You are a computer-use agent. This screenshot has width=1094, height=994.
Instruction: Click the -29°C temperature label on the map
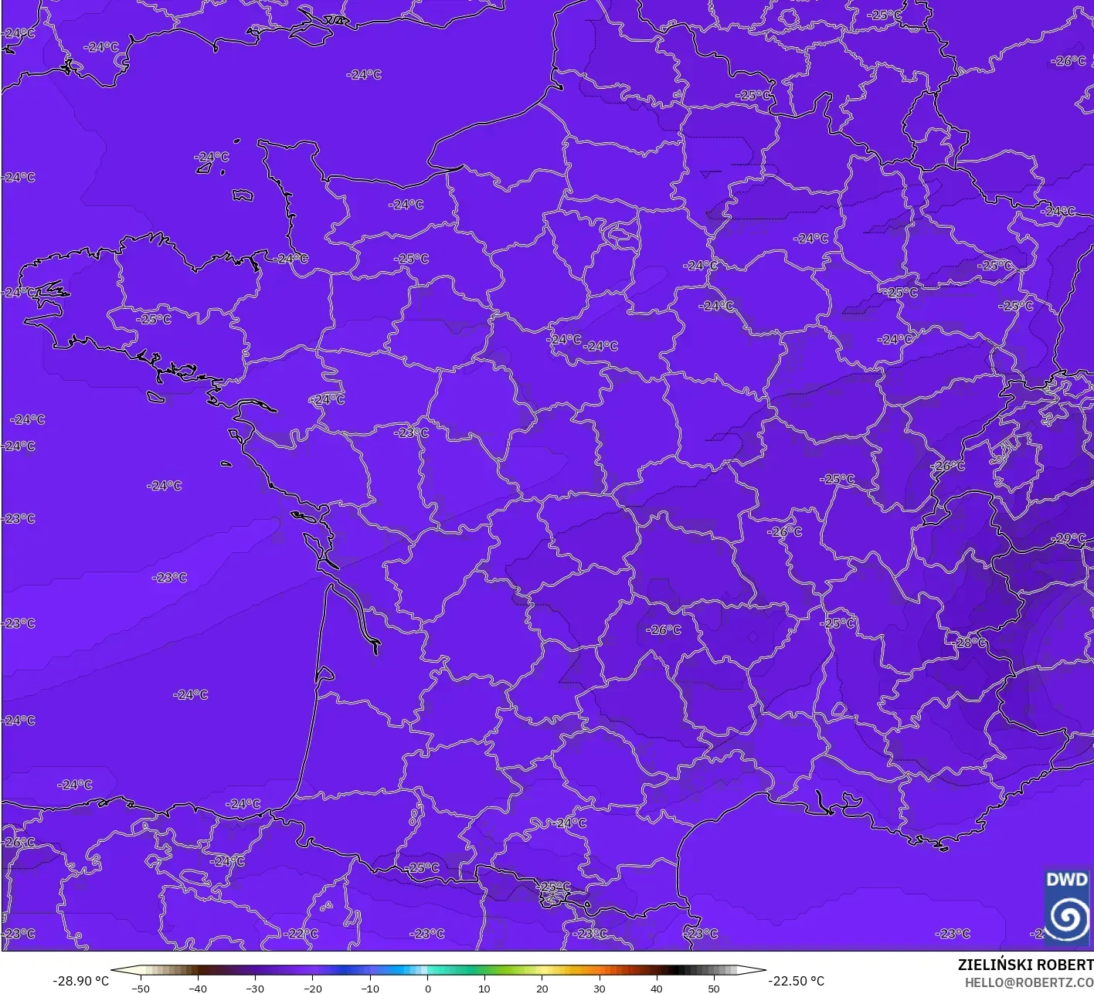tap(1069, 538)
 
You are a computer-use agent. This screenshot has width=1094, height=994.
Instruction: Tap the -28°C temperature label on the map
tap(970, 643)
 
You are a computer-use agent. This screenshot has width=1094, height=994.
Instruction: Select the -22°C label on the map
tap(301, 934)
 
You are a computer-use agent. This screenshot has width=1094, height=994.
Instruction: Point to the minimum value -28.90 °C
tap(80, 981)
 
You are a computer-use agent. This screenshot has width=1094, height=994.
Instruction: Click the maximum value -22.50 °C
tap(797, 981)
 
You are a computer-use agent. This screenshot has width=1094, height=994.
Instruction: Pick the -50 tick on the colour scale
tap(140, 988)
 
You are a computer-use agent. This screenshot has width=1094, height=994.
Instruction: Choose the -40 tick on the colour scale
tap(198, 988)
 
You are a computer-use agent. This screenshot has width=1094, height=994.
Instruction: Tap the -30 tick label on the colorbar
tap(255, 988)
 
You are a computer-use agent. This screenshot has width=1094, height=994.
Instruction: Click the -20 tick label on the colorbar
tap(312, 988)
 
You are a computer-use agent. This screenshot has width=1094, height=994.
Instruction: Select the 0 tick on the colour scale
tap(427, 988)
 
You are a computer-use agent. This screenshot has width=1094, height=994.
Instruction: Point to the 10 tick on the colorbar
tap(484, 988)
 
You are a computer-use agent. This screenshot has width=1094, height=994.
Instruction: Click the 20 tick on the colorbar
tap(542, 988)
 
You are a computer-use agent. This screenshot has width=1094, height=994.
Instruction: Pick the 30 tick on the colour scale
tap(599, 988)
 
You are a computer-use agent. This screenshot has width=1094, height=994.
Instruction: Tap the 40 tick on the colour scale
tap(656, 988)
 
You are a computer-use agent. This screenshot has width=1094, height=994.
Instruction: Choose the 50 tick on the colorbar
tap(713, 988)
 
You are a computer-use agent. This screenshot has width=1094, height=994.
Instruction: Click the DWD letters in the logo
tap(1066, 880)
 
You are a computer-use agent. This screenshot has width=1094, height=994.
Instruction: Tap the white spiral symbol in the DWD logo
tap(1067, 918)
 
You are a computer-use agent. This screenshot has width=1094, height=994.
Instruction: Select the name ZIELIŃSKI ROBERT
tap(1025, 965)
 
